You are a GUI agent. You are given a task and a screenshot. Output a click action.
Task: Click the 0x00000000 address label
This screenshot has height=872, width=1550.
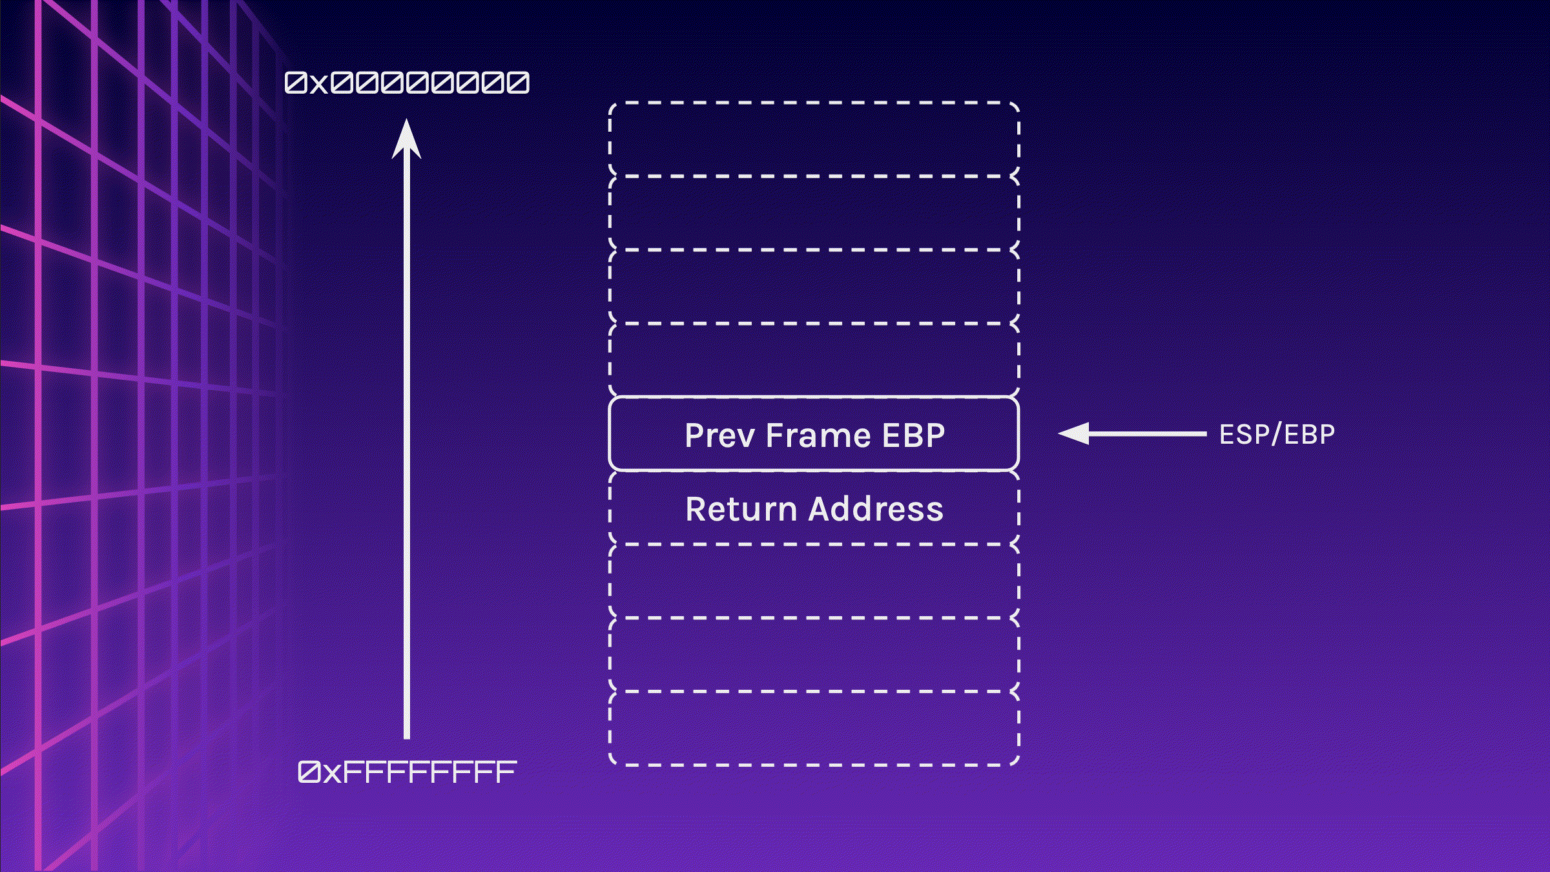[407, 83]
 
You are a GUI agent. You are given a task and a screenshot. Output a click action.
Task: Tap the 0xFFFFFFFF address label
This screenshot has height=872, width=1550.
[407, 772]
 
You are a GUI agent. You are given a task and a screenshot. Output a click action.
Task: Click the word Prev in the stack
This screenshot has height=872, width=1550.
[719, 435]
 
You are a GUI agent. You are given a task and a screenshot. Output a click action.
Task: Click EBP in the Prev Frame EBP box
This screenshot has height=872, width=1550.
[913, 435]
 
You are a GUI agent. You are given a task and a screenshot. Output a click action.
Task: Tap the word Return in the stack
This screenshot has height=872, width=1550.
[740, 509]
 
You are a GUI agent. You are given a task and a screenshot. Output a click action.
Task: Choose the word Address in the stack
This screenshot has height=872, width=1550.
[876, 509]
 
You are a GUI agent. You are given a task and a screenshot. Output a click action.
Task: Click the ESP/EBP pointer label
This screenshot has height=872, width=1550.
[1277, 435]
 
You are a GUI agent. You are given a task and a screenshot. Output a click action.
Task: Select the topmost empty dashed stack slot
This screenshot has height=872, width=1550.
[814, 139]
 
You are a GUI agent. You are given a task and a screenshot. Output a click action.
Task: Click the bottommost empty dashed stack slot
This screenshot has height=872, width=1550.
[814, 729]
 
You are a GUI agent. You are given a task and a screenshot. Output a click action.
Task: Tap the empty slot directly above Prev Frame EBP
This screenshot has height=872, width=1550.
[814, 360]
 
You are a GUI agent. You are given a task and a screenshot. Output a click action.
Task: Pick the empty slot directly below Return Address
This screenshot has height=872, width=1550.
[814, 581]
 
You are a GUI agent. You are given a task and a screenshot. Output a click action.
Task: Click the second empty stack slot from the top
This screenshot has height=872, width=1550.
[814, 213]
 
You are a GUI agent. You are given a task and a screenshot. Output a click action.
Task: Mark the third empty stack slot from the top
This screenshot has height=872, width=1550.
[814, 286]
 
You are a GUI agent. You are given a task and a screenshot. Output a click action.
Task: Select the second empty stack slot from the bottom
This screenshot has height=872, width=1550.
[814, 655]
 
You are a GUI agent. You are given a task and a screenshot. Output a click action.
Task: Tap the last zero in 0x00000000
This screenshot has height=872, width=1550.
[518, 83]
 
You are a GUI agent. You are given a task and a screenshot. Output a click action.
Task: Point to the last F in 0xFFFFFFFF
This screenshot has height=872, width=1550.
[506, 772]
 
